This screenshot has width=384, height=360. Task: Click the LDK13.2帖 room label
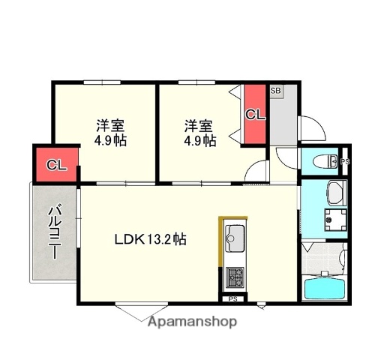pyautogui.click(x=150, y=240)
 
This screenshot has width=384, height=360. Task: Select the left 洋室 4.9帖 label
pyautogui.click(x=109, y=133)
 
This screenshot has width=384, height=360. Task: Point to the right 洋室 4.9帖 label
pyautogui.click(x=200, y=133)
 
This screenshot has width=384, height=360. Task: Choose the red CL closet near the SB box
pyautogui.click(x=256, y=115)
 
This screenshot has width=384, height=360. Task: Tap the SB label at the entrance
pyautogui.click(x=275, y=91)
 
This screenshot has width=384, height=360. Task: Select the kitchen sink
pyautogui.click(x=234, y=240)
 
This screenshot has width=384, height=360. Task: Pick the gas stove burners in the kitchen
pyautogui.click(x=234, y=277)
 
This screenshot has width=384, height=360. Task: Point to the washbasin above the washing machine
pyautogui.click(x=334, y=195)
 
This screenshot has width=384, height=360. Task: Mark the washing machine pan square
pyautogui.click(x=334, y=219)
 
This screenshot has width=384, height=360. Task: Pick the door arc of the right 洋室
pyautogui.click(x=259, y=170)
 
